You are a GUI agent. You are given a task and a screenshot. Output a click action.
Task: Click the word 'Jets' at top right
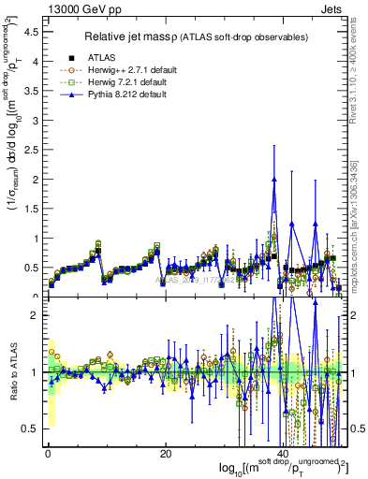(x=332, y=8)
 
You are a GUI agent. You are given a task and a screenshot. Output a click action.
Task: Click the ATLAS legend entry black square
(x=71, y=56)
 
